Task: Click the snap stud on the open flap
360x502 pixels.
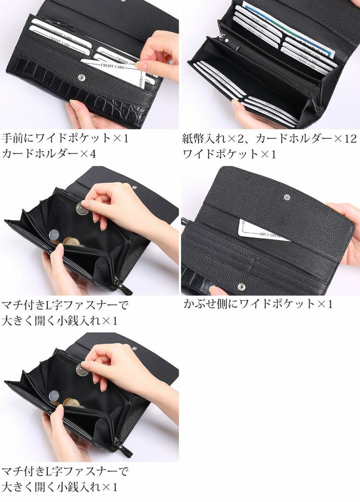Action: click(287, 197)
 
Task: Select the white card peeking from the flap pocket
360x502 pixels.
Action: click(259, 231)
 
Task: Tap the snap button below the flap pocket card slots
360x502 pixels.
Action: click(241, 287)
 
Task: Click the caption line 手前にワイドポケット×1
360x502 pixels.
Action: click(65, 139)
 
